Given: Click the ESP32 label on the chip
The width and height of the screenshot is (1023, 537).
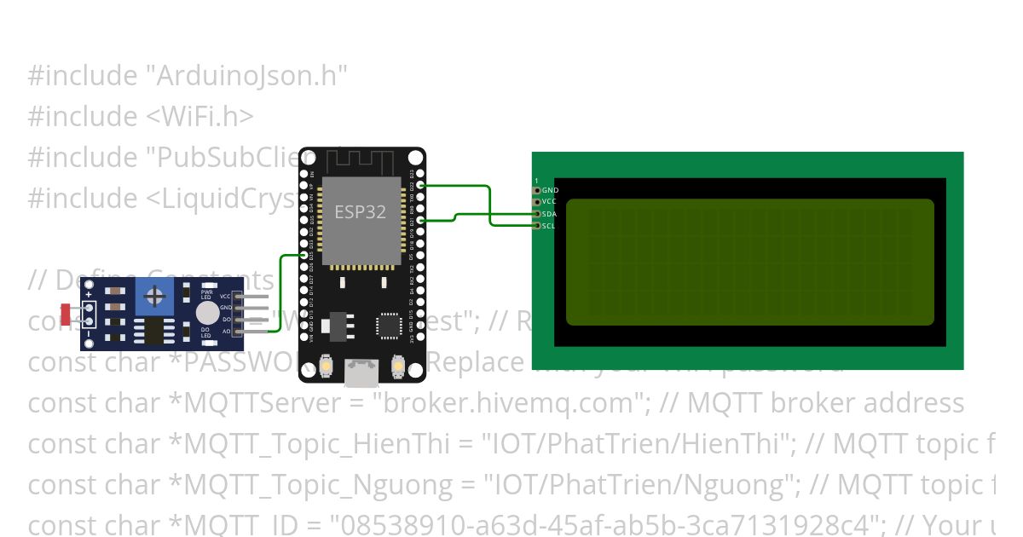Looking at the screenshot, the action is (x=360, y=211).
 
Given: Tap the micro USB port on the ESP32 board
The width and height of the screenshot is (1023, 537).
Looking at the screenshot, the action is (x=361, y=371).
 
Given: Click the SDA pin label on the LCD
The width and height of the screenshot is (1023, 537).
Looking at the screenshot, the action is (x=550, y=214).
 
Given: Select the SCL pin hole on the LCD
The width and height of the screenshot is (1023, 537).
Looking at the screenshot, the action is (x=537, y=226).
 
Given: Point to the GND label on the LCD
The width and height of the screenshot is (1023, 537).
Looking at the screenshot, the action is (x=550, y=190).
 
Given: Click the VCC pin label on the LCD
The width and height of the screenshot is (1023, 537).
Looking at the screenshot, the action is (x=550, y=202).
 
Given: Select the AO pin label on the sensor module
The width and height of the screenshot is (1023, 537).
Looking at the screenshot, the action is (x=227, y=330).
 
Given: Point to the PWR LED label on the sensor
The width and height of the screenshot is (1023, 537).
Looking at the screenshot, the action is (x=206, y=294).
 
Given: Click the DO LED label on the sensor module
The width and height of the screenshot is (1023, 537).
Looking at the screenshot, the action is (x=205, y=332).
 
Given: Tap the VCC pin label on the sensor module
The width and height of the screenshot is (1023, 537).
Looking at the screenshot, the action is (x=226, y=296).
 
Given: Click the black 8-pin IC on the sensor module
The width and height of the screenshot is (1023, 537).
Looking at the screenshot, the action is (x=153, y=331).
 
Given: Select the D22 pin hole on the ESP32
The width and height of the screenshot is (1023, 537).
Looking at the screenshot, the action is (x=420, y=185).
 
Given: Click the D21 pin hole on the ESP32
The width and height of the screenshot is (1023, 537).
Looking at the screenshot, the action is (x=420, y=221).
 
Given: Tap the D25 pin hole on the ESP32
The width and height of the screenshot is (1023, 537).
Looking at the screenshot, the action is (x=304, y=256).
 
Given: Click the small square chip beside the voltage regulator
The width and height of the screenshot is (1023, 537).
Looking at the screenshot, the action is (x=389, y=325).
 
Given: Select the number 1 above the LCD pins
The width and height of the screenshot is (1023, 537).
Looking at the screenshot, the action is (x=536, y=181).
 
